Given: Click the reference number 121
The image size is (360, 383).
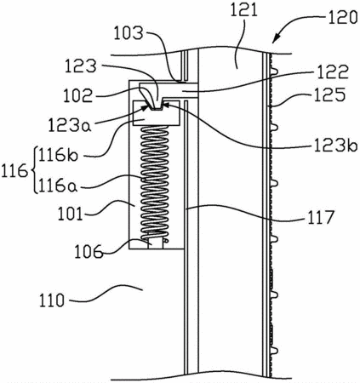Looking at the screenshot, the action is pos(243,12).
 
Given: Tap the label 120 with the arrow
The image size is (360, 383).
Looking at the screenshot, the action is pos(343,17).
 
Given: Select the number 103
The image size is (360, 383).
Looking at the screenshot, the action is pos(129,33).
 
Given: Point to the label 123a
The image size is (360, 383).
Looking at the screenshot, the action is pos(70,125).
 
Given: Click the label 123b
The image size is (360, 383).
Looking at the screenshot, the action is pos(335,146).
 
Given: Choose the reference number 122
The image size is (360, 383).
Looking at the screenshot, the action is pos(333,72).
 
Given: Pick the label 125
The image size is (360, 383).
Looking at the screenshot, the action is pos(329,94).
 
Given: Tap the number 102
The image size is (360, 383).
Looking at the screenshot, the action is pos(78,95).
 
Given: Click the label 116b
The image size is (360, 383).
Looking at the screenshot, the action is pos(58,155).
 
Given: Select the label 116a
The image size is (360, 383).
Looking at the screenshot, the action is pos(58,186).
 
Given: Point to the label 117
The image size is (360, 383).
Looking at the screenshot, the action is pos(320,217).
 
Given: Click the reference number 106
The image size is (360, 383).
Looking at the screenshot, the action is pos(89,251).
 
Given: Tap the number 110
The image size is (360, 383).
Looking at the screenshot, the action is pos(52,300).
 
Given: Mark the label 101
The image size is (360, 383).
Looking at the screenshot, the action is pos(71,214).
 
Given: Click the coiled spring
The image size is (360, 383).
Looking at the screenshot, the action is pos(155,182).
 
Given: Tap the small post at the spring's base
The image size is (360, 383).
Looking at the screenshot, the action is pos(156,244).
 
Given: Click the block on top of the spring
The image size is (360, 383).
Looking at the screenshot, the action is pos(157,113).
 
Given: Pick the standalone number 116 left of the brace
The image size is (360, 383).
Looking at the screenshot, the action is pos(14,172).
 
